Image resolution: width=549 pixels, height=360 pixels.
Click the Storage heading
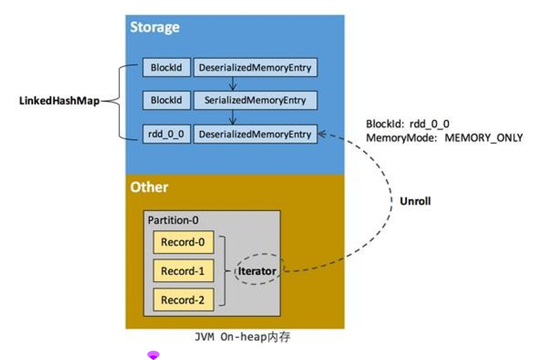[155, 27]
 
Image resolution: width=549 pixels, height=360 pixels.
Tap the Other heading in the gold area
[149, 187]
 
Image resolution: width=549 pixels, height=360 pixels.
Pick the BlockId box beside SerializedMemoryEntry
[166, 99]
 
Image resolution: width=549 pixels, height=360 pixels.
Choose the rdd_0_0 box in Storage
[166, 133]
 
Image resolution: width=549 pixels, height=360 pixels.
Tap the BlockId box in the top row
[166, 67]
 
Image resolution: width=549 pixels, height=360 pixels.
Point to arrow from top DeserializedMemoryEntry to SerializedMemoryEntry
[231, 83]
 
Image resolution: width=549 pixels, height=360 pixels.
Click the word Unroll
[415, 201]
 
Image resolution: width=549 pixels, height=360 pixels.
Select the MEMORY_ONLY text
[484, 138]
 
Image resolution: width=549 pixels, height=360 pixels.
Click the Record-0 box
[183, 242]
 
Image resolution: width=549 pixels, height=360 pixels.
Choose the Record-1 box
[183, 271]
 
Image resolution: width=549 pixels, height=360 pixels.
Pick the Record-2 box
[183, 300]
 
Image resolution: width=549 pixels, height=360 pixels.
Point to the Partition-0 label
[173, 220]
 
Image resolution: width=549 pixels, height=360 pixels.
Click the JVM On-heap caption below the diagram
[242, 338]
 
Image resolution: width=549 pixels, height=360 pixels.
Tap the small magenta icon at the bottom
[153, 355]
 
